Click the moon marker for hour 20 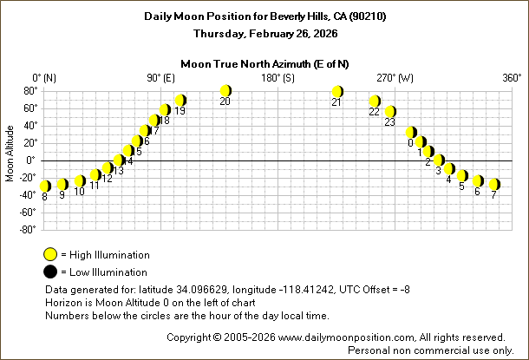coord(225,90)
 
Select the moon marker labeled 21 coord(337,91)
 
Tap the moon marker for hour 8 coord(45,186)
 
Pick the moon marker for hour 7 coord(493,184)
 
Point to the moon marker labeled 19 coord(180,100)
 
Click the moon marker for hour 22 coord(375,101)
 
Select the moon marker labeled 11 coord(95,175)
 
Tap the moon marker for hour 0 coord(411,133)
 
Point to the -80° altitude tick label coord(26,229)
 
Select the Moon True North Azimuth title coord(264,63)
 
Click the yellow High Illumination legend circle coord(51,254)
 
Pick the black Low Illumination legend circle coord(51,272)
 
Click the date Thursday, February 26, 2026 coord(264,33)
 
